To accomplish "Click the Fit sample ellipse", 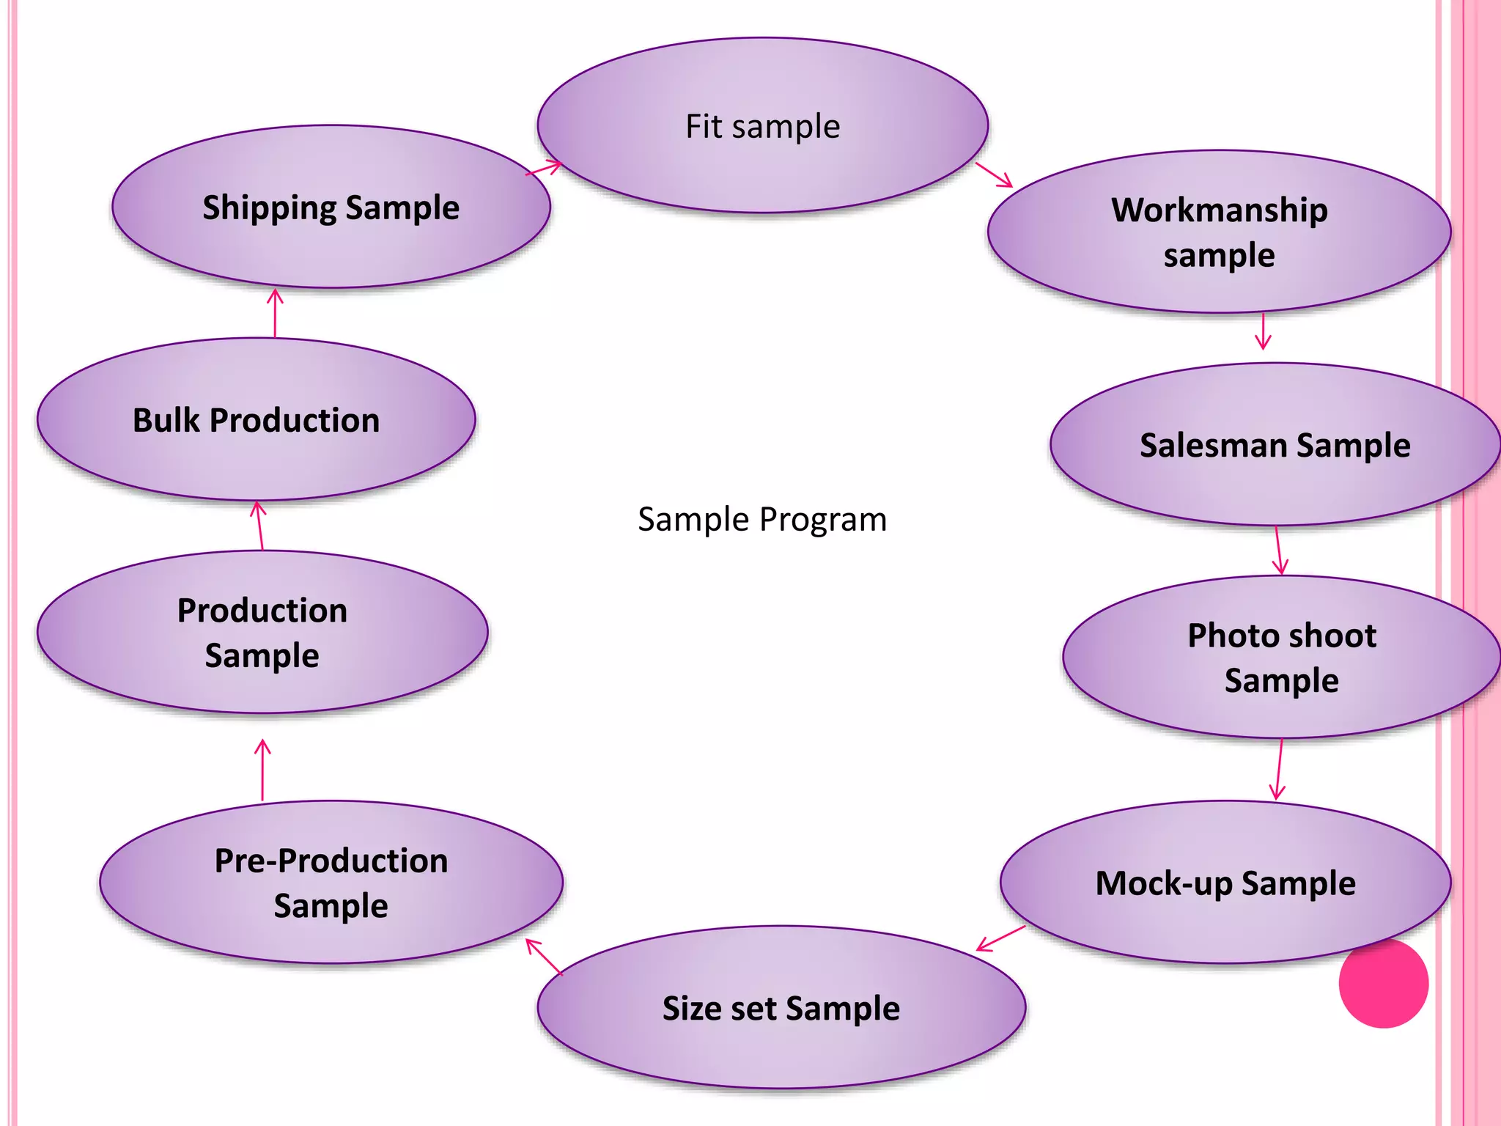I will point(762,126).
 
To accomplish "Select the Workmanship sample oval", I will point(1219,232).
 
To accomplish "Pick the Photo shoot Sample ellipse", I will point(1281,657).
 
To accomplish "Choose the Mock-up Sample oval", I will point(1225,882).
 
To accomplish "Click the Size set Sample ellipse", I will point(781,1007).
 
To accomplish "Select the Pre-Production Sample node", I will point(331,882).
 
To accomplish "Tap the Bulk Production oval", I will point(257,420).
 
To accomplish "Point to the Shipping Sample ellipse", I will point(331,207).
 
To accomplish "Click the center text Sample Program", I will point(762,519).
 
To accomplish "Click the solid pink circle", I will point(1383,983).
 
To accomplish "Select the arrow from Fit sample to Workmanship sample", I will point(994,175).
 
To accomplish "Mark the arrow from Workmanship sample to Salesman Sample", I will point(1263,331).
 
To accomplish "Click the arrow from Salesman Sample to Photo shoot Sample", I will point(1278,551).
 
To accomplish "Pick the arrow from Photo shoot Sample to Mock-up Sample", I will point(1280,770).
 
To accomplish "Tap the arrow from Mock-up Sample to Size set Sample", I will point(1001,938).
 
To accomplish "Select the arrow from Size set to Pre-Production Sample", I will point(544,957).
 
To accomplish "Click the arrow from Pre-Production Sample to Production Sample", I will point(262,770).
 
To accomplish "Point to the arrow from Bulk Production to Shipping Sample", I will point(275,313).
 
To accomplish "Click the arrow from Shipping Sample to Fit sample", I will point(544,169).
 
